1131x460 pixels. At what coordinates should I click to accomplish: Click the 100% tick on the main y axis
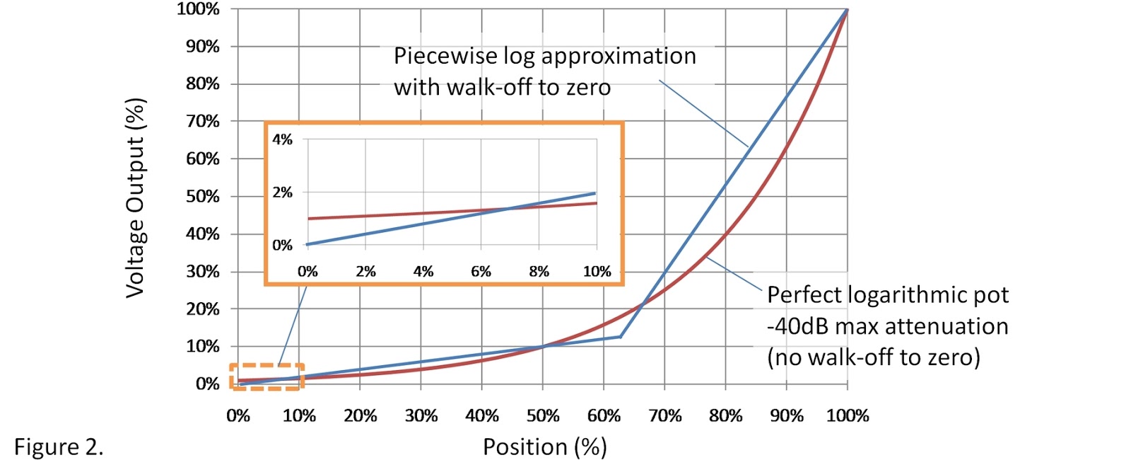199,9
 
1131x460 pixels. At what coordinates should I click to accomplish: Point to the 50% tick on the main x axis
543,415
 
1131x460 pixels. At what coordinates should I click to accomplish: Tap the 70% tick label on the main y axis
203,121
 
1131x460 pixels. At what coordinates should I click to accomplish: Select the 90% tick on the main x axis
787,415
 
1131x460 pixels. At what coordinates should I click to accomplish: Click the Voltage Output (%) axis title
135,197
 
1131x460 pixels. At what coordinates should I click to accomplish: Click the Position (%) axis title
544,447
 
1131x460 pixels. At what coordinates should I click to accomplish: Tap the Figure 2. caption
59,447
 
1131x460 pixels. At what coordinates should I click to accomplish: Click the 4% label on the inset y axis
282,139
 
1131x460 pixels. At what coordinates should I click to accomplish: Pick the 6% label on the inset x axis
481,271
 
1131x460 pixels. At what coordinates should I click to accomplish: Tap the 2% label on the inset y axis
282,192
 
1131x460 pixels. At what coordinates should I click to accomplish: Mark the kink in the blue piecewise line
621,337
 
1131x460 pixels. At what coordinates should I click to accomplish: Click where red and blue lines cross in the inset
508,209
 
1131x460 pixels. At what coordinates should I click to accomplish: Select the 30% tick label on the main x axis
421,415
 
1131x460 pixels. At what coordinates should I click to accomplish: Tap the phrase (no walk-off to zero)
874,357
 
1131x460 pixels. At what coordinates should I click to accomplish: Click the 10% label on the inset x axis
597,271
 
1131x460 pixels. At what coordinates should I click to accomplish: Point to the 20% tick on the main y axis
203,309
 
